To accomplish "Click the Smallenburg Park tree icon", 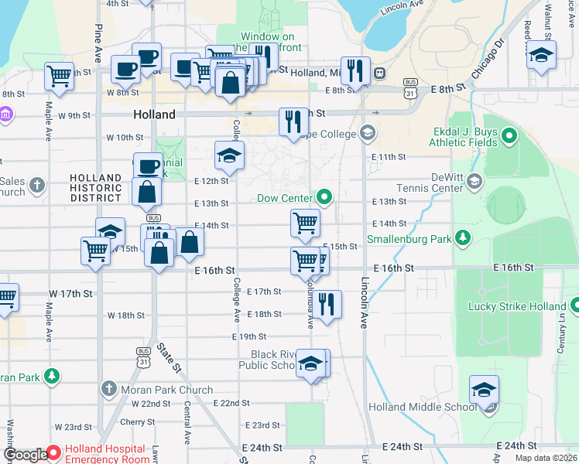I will pos(463,237).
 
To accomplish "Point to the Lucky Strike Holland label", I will pos(517,306).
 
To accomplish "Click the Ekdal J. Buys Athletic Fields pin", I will pos(509,137).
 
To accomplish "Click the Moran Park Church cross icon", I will pos(108,388).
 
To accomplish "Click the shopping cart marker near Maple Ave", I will pos(59,76).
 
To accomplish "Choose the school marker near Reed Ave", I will pos(541,55).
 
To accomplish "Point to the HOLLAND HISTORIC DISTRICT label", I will pos(96,188).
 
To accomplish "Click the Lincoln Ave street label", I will pos(363,302).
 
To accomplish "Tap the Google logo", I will pos(26,454).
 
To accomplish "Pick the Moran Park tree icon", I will pos(52,377).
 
